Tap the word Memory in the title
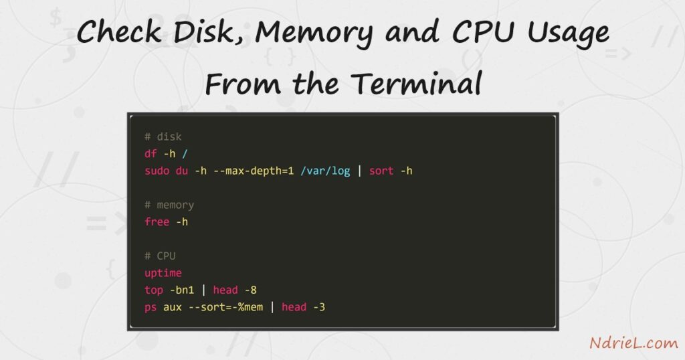[x=314, y=33]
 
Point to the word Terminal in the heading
[x=416, y=83]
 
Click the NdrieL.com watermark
[x=634, y=343]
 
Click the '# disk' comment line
[x=163, y=137]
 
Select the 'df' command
[x=151, y=154]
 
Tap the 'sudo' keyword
[x=157, y=171]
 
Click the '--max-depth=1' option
[x=254, y=171]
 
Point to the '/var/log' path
[x=325, y=171]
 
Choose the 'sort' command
[x=381, y=171]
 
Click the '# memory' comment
[x=169, y=205]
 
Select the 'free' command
[x=157, y=222]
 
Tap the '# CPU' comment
[x=160, y=256]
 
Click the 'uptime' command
[x=163, y=274]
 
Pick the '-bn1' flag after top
[x=182, y=290]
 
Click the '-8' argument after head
[x=250, y=290]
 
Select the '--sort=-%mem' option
[x=225, y=307]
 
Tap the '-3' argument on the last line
[x=319, y=307]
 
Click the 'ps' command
[x=151, y=308]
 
